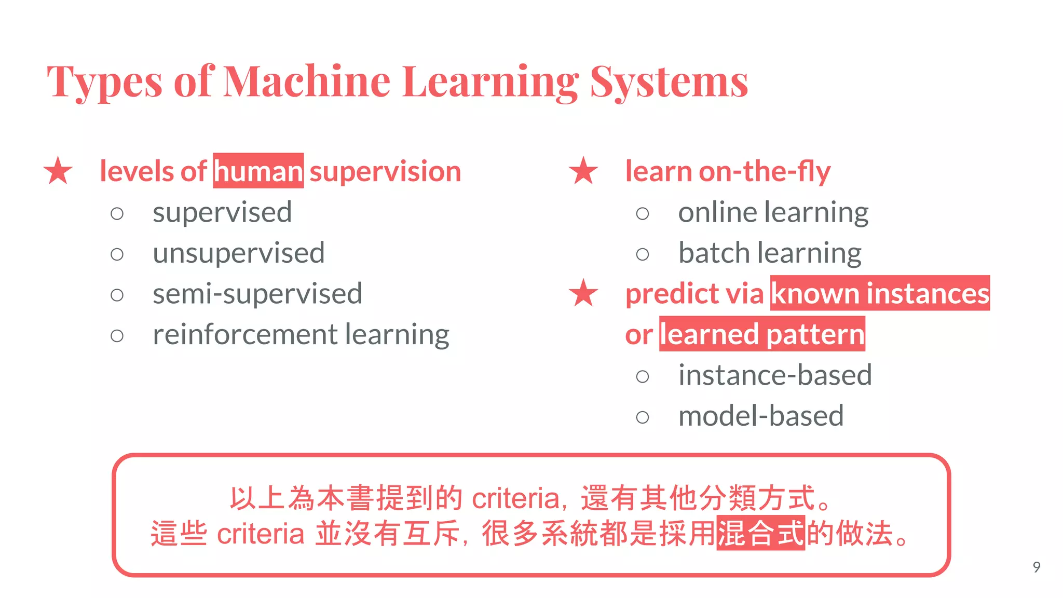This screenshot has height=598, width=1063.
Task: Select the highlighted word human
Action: click(258, 171)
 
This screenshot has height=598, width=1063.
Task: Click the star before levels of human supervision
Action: click(58, 171)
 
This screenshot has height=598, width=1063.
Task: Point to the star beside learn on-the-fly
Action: click(583, 171)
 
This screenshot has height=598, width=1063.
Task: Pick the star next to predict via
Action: click(583, 293)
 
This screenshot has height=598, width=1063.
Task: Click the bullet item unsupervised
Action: click(238, 253)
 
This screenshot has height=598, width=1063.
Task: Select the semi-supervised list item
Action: click(257, 294)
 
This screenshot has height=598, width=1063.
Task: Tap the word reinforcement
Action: click(245, 335)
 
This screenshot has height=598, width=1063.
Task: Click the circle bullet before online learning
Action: click(642, 213)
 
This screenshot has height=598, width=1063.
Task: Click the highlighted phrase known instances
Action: click(880, 293)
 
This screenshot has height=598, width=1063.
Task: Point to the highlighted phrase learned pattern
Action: click(762, 334)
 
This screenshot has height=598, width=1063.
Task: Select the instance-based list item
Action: click(774, 375)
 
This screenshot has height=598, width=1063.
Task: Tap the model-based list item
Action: click(760, 416)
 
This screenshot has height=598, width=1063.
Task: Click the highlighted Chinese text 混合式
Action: click(760, 533)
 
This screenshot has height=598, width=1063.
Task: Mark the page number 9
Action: click(1036, 567)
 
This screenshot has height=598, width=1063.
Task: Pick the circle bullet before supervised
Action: click(117, 213)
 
